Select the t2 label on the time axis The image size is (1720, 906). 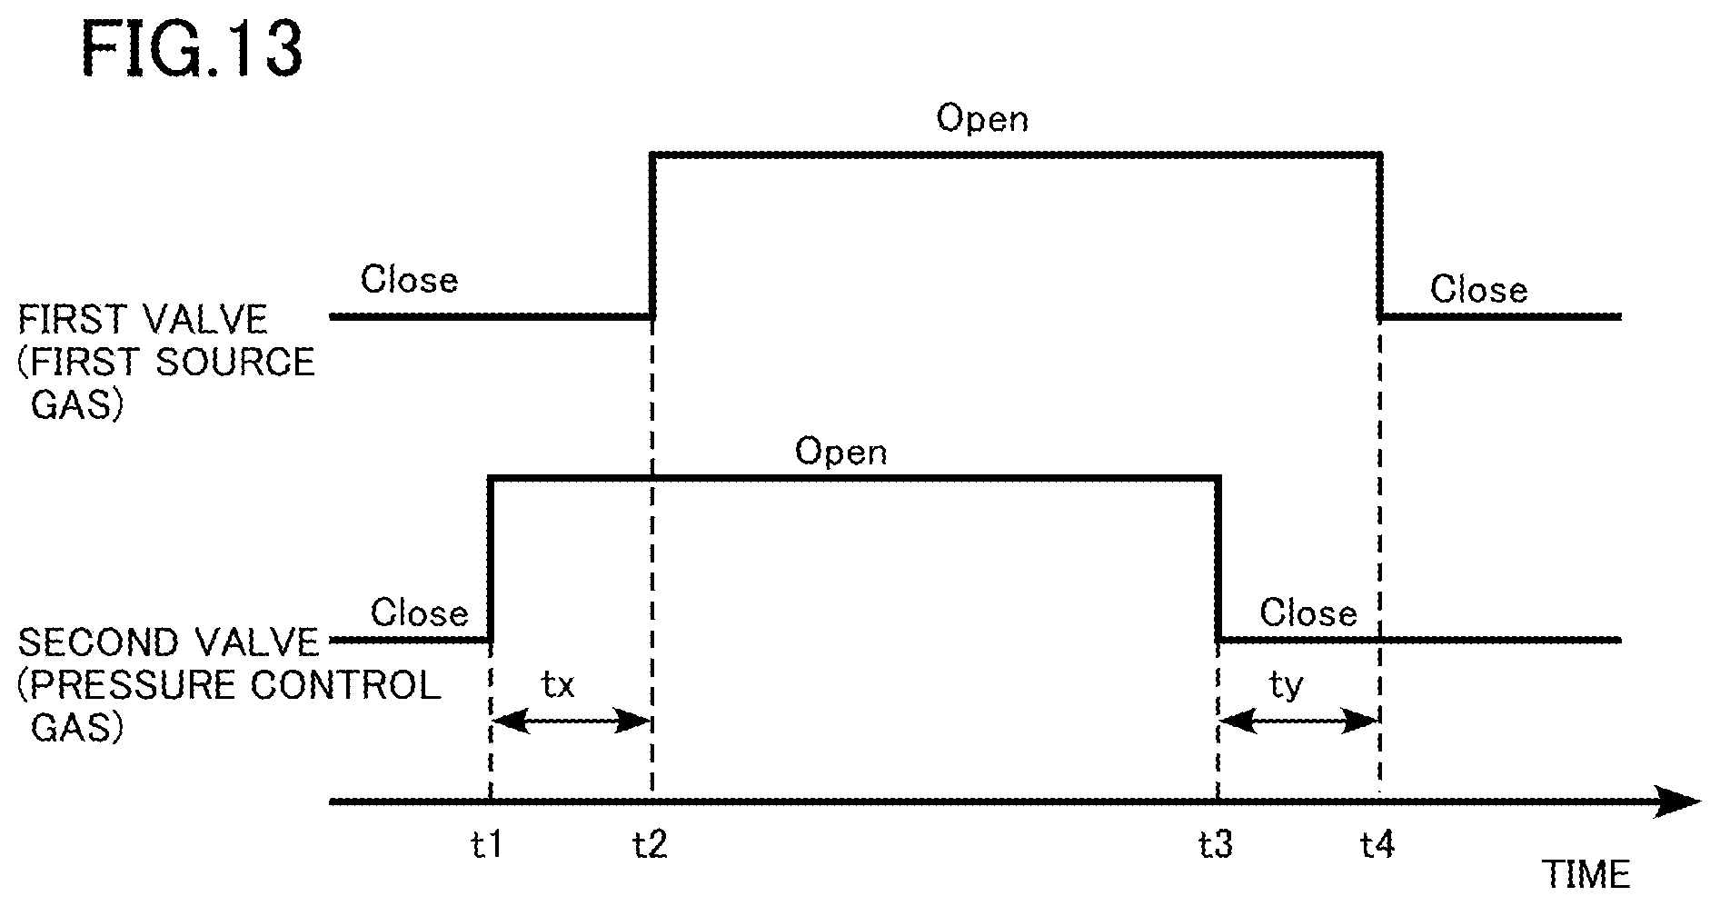[650, 845]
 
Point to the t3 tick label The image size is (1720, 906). [1216, 845]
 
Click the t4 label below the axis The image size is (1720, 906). [1377, 845]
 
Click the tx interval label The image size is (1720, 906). [558, 684]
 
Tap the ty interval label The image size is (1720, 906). [1286, 686]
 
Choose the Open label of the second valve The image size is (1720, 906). [840, 453]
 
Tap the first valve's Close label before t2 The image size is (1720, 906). [409, 280]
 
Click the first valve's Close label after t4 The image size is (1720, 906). [1478, 290]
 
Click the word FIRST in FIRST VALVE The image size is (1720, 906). [74, 320]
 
